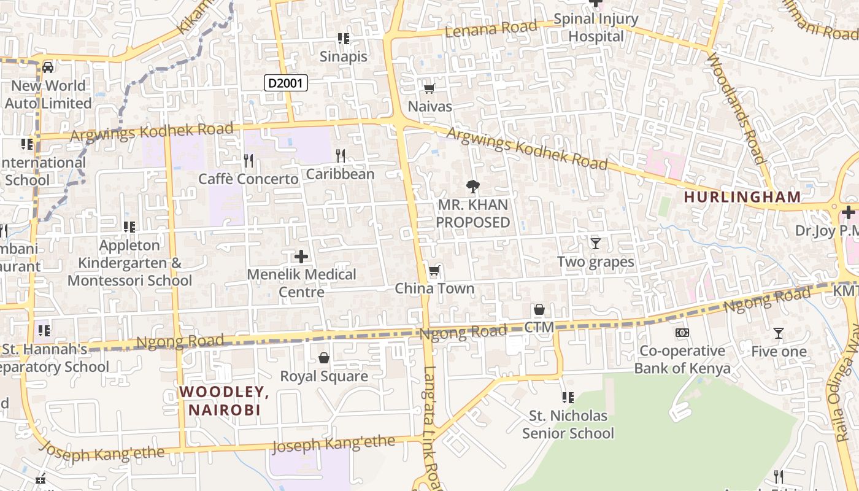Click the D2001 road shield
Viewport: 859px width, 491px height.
click(x=286, y=83)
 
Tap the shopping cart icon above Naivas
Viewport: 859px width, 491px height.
click(x=429, y=88)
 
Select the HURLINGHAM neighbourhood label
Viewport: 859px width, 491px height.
click(x=742, y=197)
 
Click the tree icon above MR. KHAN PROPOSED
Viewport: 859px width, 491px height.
click(x=472, y=186)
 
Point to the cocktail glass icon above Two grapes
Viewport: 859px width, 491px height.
click(x=595, y=244)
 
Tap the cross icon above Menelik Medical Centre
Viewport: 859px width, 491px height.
click(x=301, y=256)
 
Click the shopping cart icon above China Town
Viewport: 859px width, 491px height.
click(x=434, y=271)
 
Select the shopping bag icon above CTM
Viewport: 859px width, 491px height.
click(x=539, y=309)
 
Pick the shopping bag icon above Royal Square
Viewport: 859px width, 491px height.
click(x=324, y=358)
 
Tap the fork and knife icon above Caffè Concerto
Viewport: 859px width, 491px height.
click(x=248, y=161)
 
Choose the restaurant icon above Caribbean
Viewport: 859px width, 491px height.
click(x=341, y=156)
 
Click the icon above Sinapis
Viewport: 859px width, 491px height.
click(x=344, y=39)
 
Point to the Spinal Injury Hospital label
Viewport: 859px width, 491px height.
click(x=596, y=28)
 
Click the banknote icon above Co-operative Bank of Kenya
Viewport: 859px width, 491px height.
click(x=682, y=333)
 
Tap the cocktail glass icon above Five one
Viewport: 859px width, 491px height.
click(x=779, y=333)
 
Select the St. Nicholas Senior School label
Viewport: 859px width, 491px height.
click(x=568, y=425)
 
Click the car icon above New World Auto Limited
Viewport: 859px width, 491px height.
click(x=48, y=67)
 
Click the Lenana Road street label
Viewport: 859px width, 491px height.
click(x=491, y=29)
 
